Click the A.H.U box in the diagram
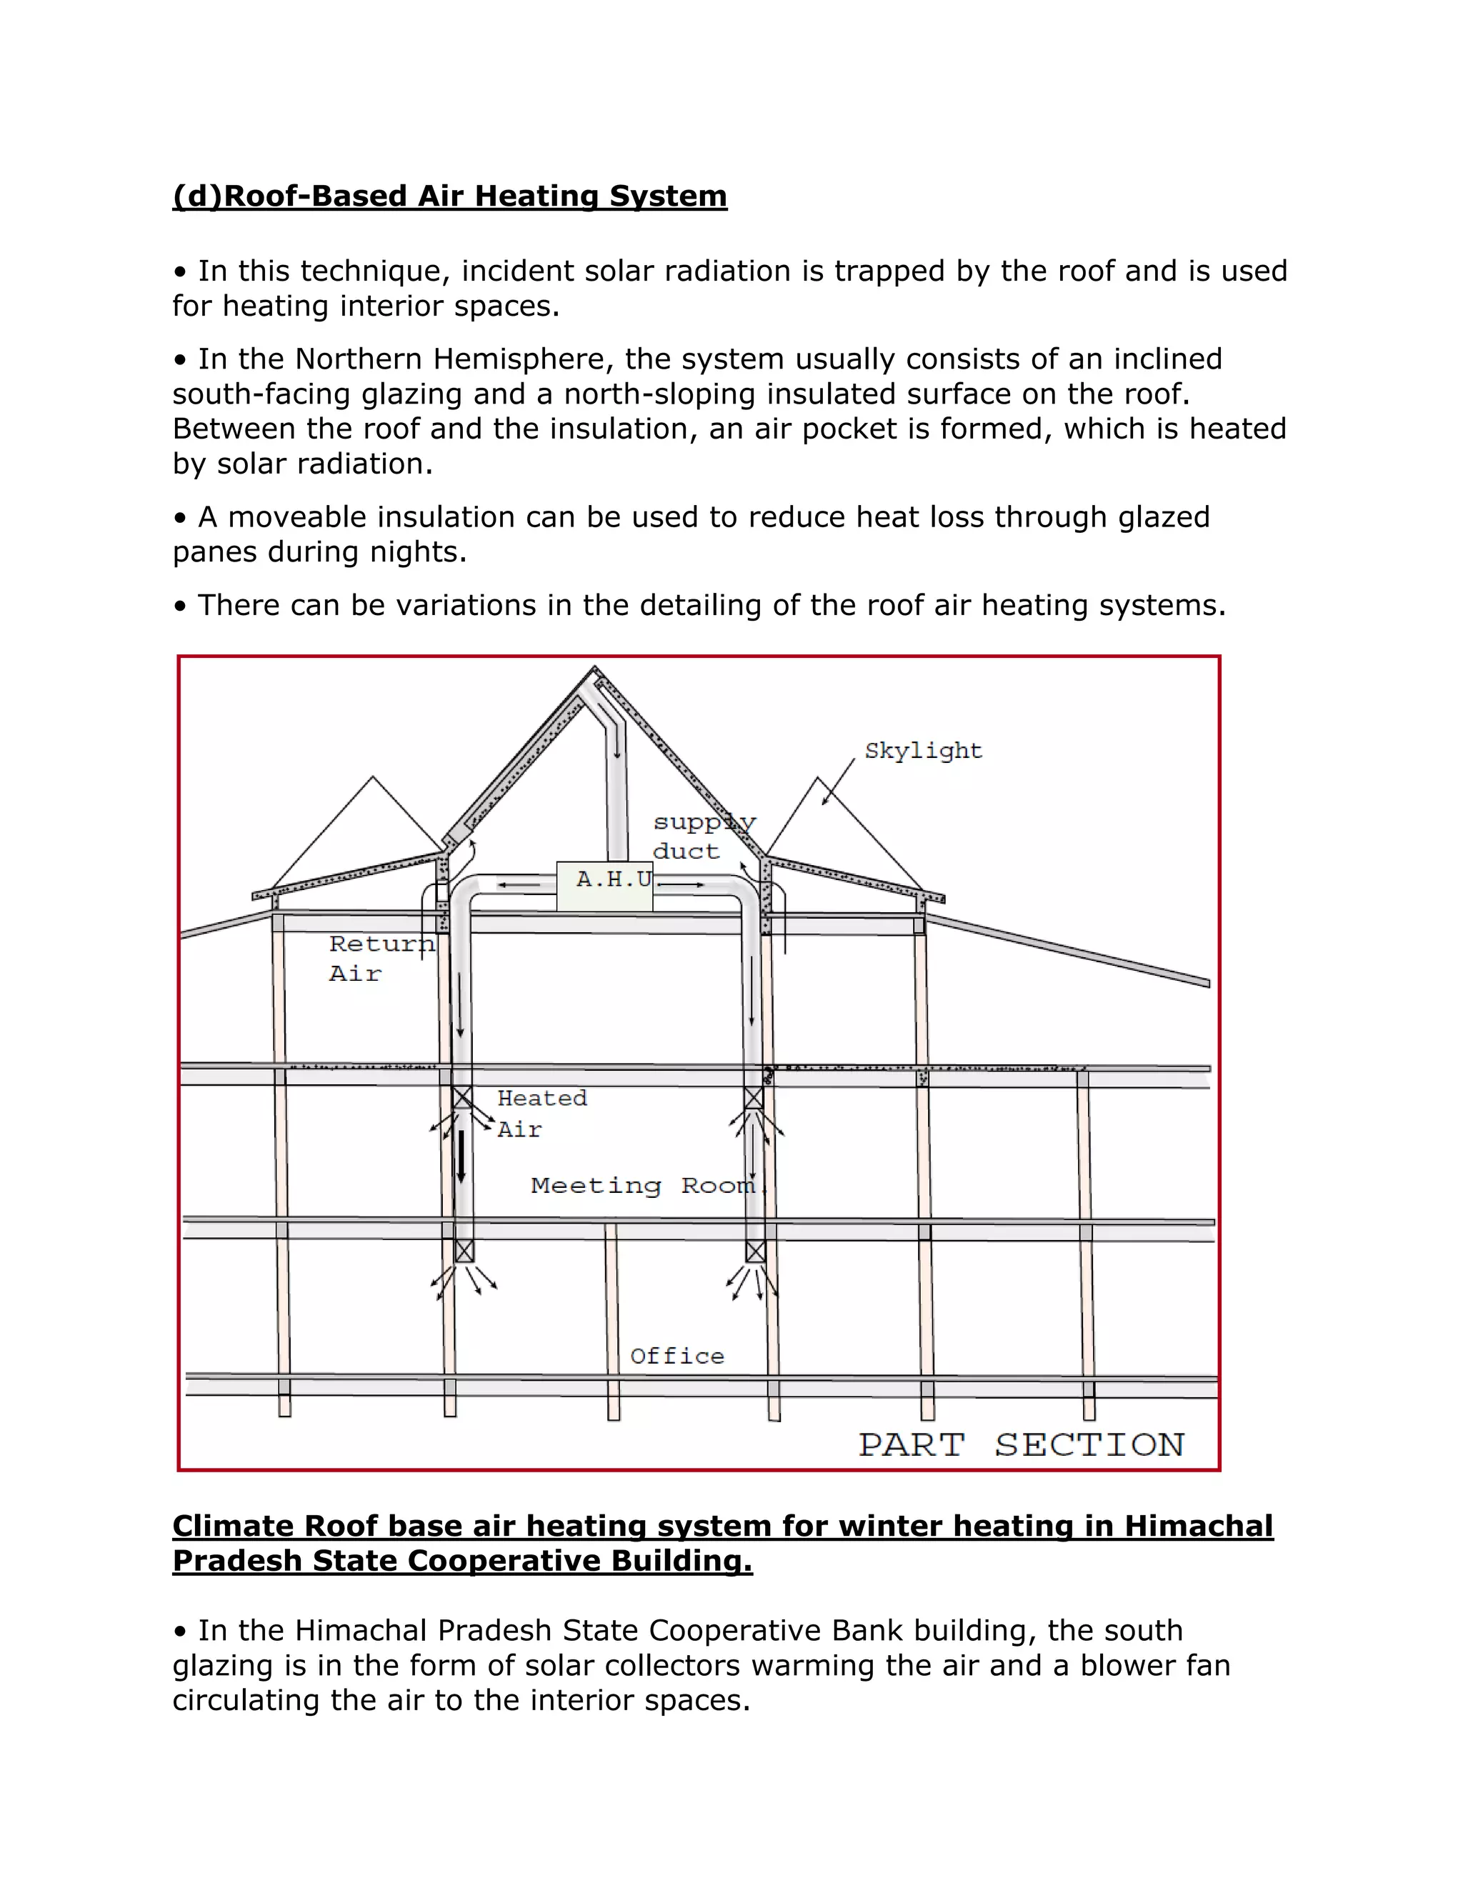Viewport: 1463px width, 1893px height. click(x=604, y=886)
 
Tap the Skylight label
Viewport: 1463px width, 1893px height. click(x=923, y=751)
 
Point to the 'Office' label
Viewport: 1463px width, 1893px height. click(x=677, y=1357)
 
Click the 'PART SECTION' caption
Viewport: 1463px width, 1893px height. click(x=1021, y=1445)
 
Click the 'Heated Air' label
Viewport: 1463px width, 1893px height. click(x=541, y=1113)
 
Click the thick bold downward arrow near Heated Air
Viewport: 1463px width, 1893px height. click(x=461, y=1158)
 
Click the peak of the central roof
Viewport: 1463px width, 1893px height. click(x=594, y=669)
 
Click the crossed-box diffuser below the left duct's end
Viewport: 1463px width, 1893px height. click(x=464, y=1251)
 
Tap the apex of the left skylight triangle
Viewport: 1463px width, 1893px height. click(x=373, y=777)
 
